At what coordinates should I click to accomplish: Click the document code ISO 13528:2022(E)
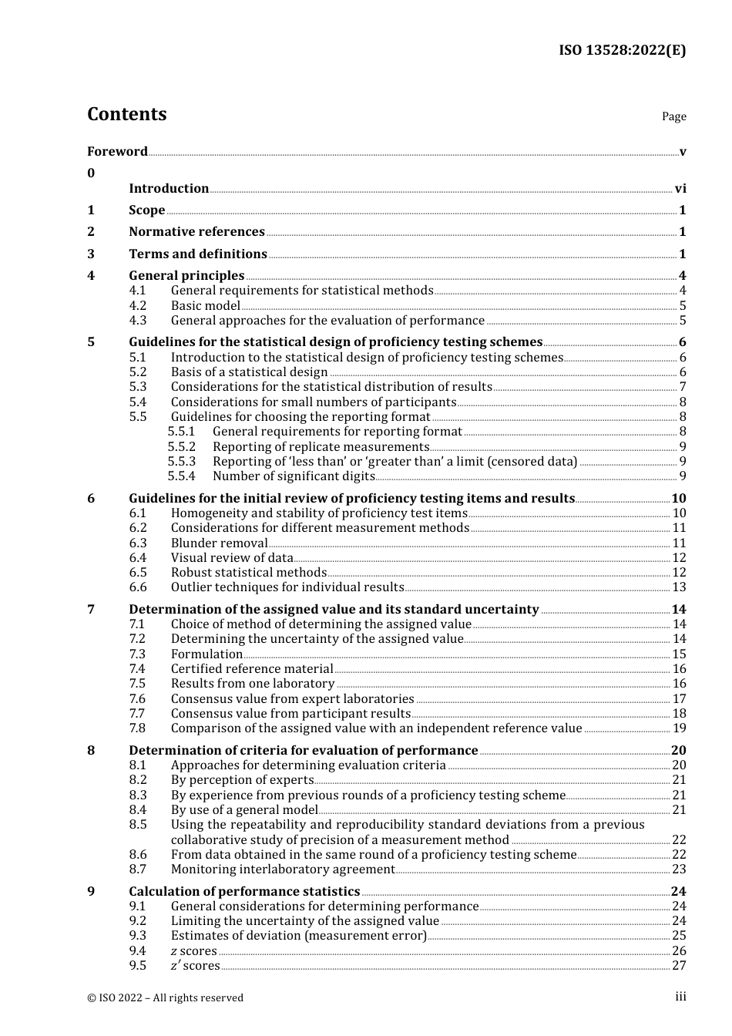click(x=622, y=50)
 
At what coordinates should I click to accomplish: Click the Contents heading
click(x=126, y=114)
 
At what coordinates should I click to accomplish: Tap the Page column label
click(x=673, y=116)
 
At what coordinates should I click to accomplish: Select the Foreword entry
click(x=117, y=151)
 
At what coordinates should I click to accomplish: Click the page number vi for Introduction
click(x=680, y=188)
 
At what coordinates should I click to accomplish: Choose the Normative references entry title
click(x=196, y=231)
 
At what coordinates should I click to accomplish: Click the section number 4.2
click(x=137, y=305)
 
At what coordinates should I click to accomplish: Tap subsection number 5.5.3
click(x=181, y=461)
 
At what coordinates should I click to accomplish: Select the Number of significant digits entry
click(x=294, y=476)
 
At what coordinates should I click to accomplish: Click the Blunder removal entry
click(x=219, y=543)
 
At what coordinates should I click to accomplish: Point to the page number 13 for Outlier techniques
click(x=679, y=587)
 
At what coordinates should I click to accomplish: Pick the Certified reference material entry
click(x=252, y=668)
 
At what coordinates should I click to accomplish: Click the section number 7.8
click(x=137, y=728)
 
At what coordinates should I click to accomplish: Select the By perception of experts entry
click(x=242, y=779)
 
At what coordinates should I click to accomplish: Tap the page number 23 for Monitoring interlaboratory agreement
click(x=679, y=869)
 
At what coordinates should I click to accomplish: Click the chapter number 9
click(x=91, y=891)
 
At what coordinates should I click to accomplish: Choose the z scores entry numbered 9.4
click(x=193, y=950)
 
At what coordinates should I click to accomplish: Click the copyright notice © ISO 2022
click(x=165, y=997)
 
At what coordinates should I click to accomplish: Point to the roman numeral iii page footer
click(x=680, y=997)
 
